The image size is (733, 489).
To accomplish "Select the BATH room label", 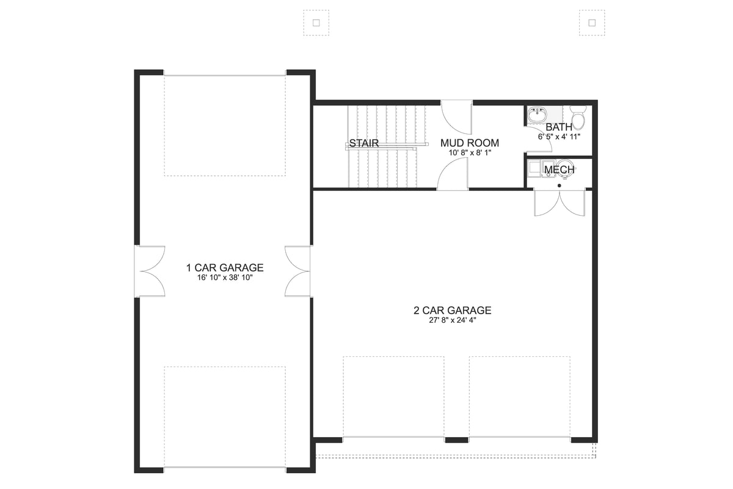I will (559, 127).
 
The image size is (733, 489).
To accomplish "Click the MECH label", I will (559, 169).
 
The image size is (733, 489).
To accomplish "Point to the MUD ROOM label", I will (470, 143).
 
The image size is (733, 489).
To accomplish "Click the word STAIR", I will (364, 144).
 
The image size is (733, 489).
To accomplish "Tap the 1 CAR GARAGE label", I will (225, 267).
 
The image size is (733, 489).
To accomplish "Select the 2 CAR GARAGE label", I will (452, 311).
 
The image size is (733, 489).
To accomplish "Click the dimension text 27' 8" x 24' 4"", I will (452, 321).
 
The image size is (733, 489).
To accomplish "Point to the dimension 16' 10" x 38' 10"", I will (225, 278).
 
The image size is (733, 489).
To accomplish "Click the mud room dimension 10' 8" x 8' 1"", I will (470, 153).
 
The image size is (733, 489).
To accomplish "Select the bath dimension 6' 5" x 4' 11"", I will (559, 137).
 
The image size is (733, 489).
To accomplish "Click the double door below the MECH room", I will (559, 203).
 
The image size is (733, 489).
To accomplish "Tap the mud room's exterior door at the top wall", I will (457, 116).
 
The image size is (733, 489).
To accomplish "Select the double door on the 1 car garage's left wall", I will (150, 271).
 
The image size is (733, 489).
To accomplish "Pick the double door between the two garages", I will (298, 271).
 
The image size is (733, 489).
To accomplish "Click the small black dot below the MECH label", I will (559, 185).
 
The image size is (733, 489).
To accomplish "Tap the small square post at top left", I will (316, 23).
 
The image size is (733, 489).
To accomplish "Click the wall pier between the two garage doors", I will (456, 440).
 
